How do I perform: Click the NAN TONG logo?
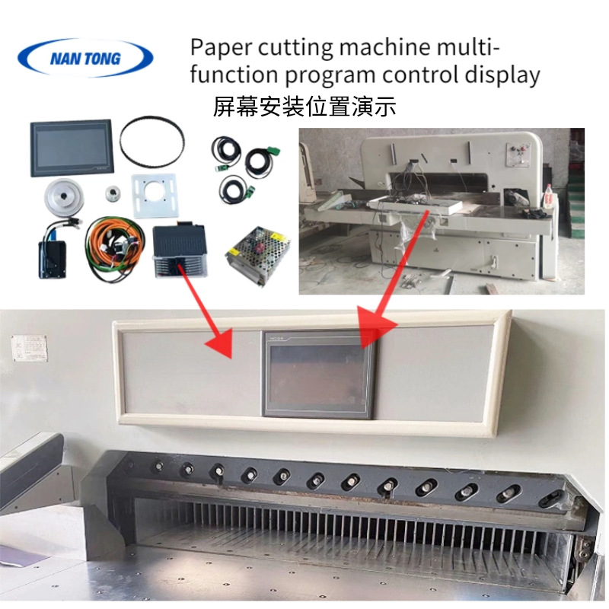(84, 58)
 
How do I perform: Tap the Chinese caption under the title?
(304, 106)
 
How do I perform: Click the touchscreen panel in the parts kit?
(71, 148)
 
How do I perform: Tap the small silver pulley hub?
(114, 193)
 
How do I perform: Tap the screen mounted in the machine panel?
(319, 374)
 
